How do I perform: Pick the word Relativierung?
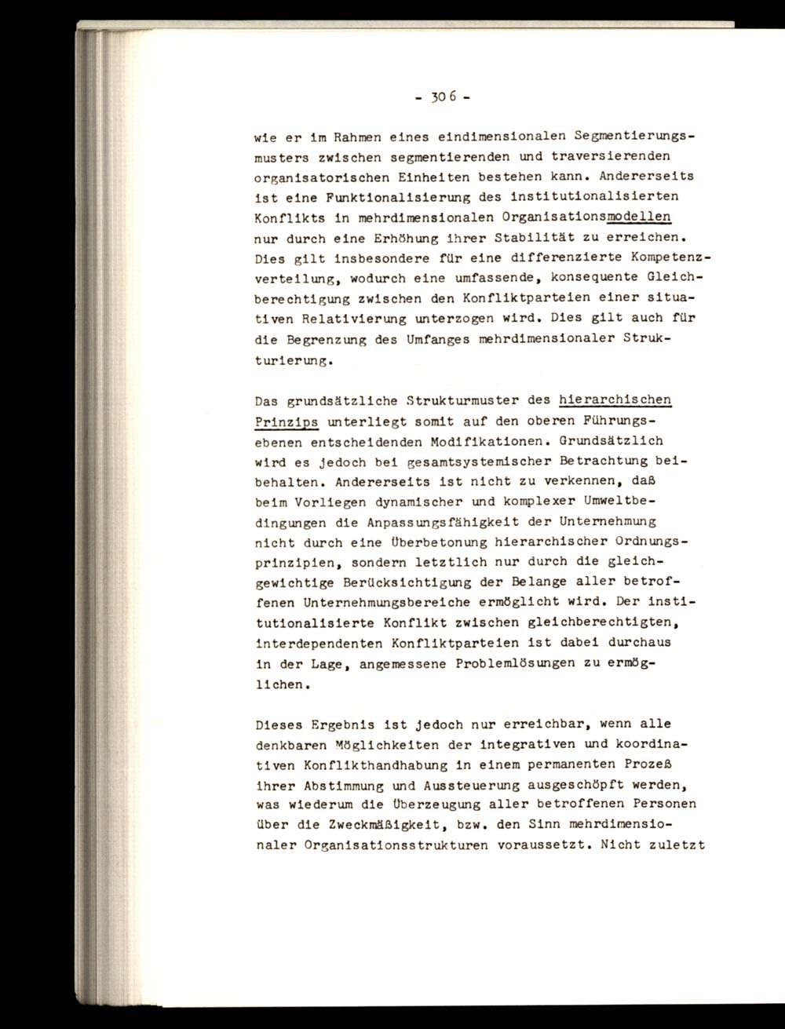(x=353, y=318)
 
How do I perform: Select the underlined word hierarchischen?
(x=615, y=400)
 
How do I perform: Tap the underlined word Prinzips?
(x=287, y=420)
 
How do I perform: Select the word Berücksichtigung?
(x=407, y=582)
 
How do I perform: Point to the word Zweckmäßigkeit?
(x=401, y=825)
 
